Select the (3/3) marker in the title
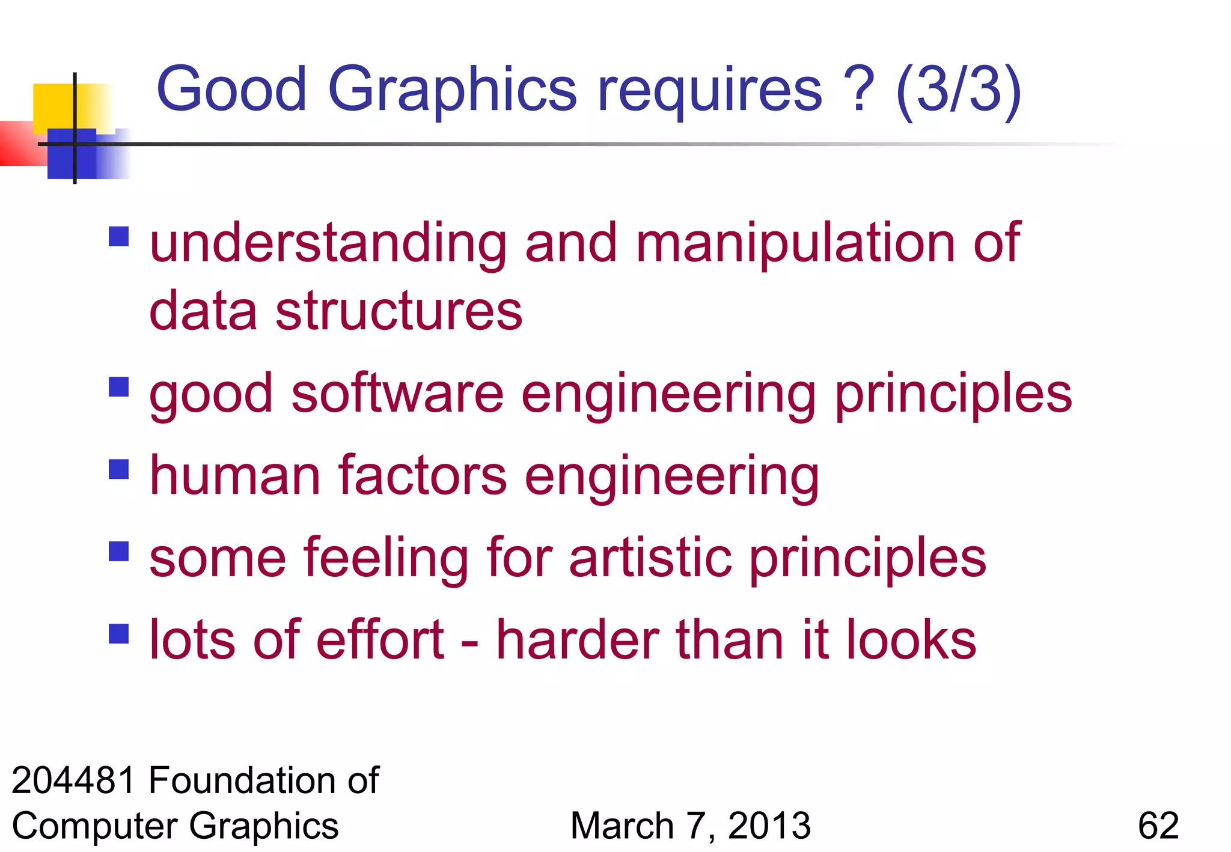(958, 90)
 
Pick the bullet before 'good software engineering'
(119, 387)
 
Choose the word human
(235, 476)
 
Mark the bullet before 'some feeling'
(119, 551)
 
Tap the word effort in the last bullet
(380, 639)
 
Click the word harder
(578, 639)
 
